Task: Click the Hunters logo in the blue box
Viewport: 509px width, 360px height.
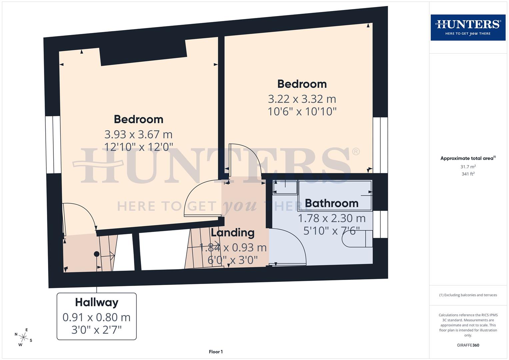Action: click(468, 27)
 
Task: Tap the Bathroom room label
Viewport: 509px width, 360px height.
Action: click(331, 203)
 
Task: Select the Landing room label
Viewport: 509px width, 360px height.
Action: click(233, 232)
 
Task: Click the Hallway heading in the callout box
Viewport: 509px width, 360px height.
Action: click(97, 302)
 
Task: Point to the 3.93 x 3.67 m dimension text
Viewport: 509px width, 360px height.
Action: click(138, 134)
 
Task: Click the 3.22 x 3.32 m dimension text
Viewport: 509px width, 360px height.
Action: click(302, 99)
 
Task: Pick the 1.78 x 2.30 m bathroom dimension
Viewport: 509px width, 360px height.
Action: click(331, 218)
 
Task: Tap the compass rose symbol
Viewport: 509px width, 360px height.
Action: click(23, 337)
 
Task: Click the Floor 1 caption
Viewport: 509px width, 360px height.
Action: click(216, 352)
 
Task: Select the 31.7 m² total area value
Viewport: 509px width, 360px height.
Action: click(468, 167)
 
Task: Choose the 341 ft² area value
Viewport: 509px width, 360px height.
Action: click(468, 174)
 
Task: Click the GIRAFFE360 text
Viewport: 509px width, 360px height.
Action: click(468, 345)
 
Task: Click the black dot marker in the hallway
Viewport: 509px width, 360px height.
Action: click(97, 254)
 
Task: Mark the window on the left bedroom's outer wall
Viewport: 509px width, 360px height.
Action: click(53, 145)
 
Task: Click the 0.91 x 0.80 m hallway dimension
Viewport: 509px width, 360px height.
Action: click(97, 317)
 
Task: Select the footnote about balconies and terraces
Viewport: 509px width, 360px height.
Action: click(468, 295)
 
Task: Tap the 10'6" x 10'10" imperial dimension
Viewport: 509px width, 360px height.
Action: click(302, 111)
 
